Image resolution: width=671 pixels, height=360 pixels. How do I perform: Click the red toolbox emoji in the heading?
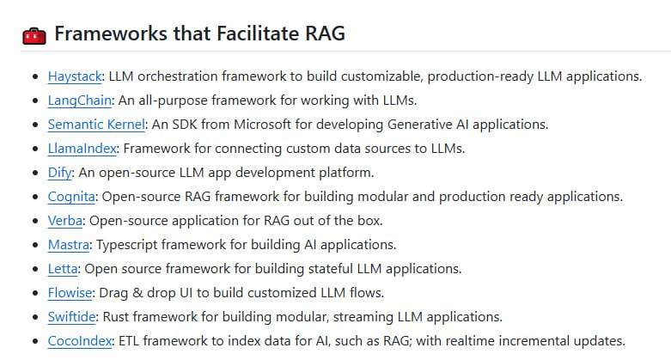coord(34,35)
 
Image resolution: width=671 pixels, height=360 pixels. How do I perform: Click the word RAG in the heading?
coord(324,34)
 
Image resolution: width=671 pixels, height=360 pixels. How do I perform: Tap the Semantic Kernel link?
coord(96,124)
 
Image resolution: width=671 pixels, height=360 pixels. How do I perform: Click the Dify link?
coord(60,172)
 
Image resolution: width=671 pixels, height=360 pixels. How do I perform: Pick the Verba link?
coord(65,220)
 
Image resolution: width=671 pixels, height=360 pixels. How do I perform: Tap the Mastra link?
coord(68,244)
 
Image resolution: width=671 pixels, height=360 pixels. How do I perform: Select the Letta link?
coord(63,268)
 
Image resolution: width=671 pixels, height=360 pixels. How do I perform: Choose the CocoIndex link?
coord(80,340)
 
